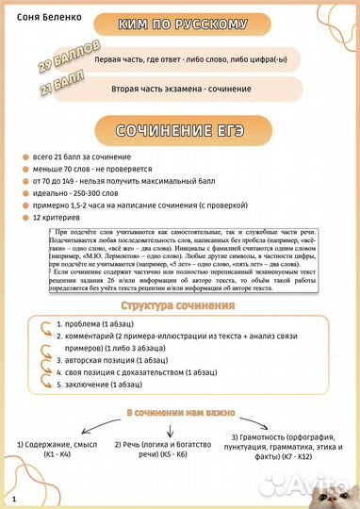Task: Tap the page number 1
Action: [15, 495]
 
